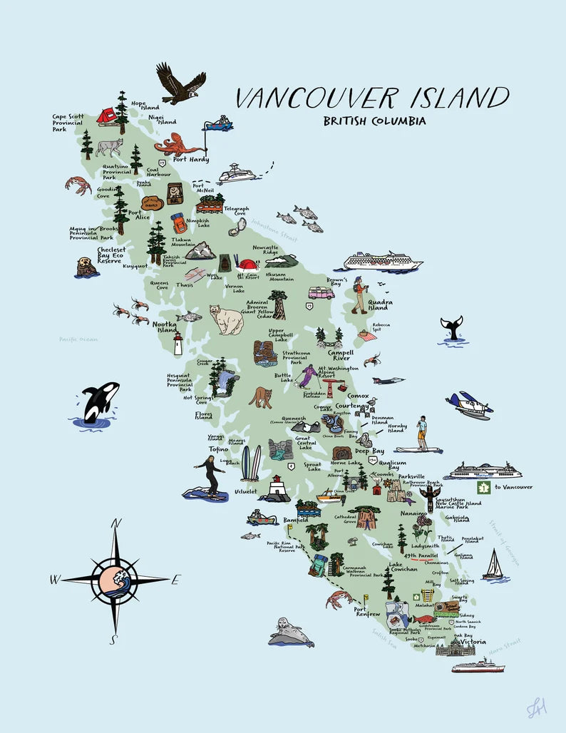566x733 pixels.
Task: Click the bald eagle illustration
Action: coord(181,83)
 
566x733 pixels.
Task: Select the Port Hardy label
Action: coord(191,160)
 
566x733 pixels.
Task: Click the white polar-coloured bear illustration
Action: coord(227,319)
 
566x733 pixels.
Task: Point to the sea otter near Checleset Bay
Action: coord(86,267)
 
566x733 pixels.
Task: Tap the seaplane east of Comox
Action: coord(469,405)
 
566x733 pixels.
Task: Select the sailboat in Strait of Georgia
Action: coord(493,565)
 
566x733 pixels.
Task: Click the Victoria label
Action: coord(473,642)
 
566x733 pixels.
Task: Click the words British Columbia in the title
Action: coord(374,121)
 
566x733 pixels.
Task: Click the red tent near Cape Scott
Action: coord(107,116)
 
